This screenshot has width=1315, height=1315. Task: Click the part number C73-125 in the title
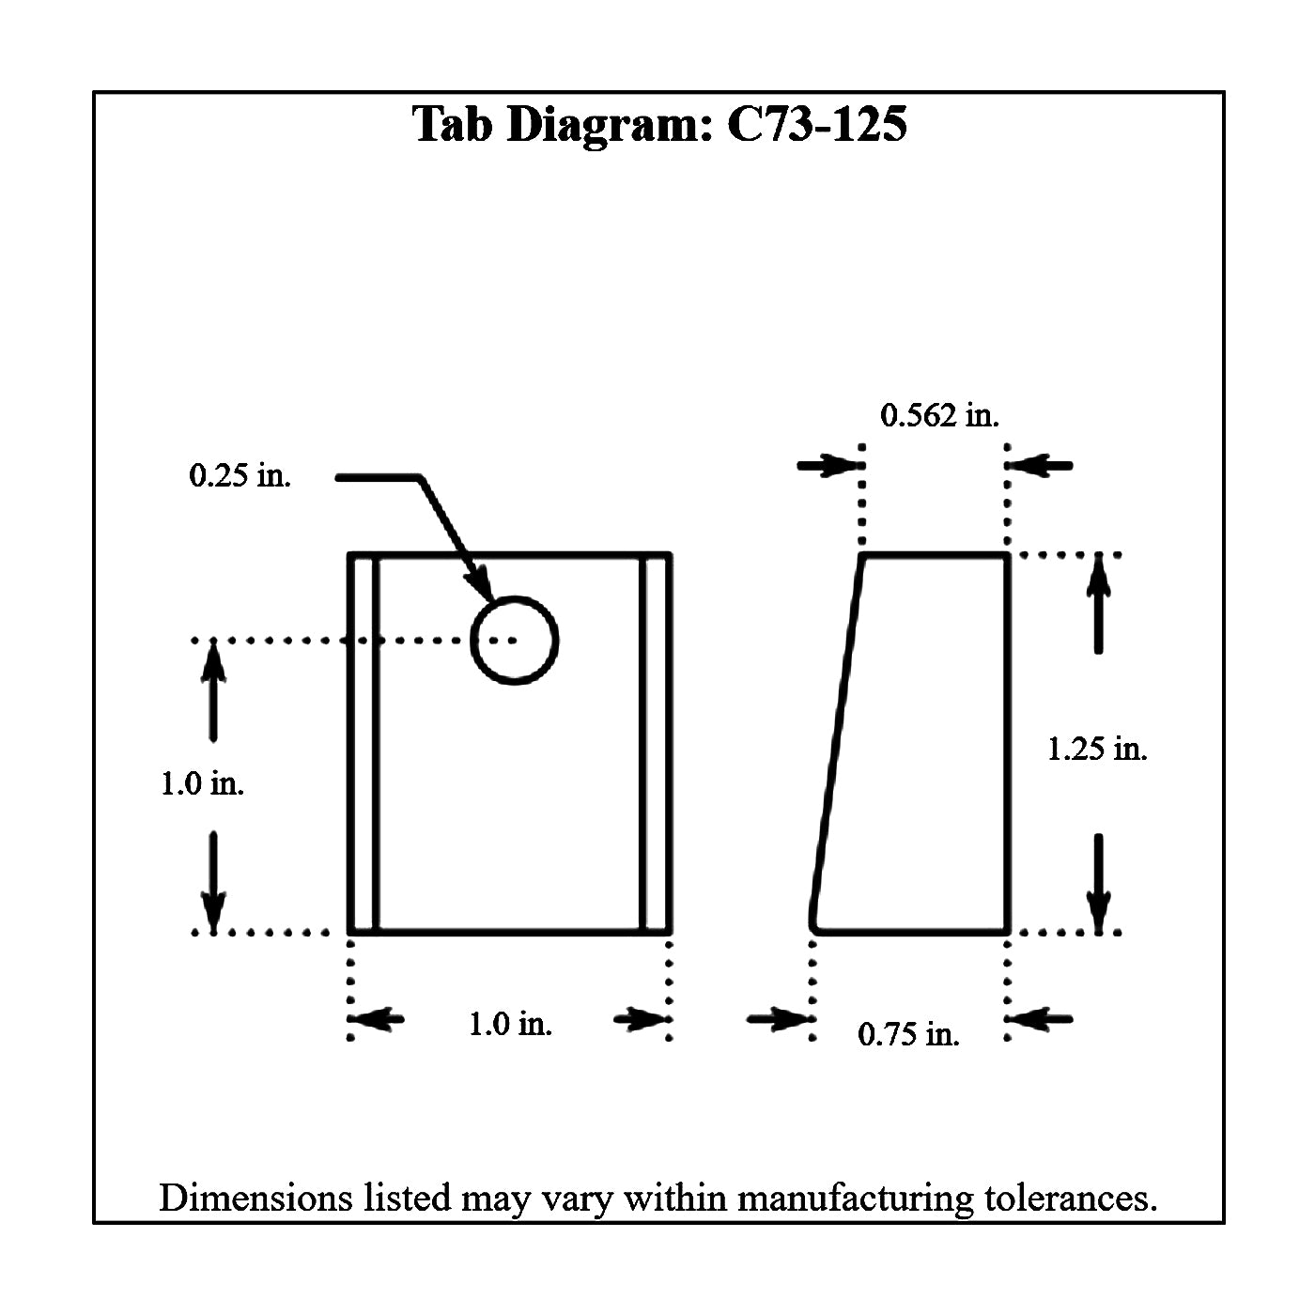coord(817,124)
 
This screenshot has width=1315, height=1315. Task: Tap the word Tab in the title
coord(452,124)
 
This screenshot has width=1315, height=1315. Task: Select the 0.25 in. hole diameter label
coord(240,475)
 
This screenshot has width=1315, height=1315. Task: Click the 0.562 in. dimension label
coord(939,415)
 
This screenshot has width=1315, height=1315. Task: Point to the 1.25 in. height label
coord(1097,749)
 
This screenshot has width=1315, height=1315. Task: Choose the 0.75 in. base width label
coord(908,1034)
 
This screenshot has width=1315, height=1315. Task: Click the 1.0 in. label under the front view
coord(510,1024)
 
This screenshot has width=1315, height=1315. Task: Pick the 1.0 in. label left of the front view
coord(202,782)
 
